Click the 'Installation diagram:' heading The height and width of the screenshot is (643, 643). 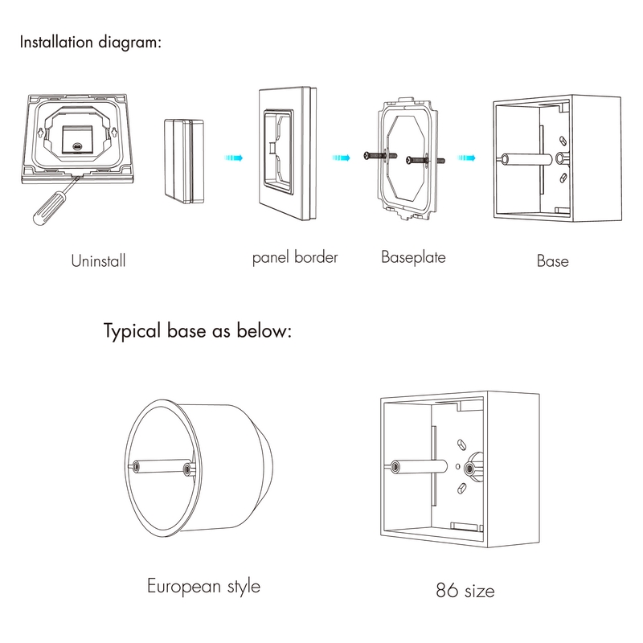(x=90, y=42)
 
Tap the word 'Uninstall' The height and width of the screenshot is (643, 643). (x=99, y=261)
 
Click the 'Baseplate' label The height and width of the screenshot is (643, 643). (x=413, y=258)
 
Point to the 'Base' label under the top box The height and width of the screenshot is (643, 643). (x=552, y=261)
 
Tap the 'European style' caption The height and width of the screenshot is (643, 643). (x=203, y=585)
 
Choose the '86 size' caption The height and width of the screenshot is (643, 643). (x=465, y=592)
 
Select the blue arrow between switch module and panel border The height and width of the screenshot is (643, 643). (x=233, y=158)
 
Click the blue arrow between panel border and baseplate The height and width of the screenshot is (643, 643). (x=342, y=158)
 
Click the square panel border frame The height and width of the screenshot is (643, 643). (x=288, y=158)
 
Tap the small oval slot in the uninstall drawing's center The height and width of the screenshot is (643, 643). (x=77, y=148)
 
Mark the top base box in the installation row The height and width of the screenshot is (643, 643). (x=556, y=160)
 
